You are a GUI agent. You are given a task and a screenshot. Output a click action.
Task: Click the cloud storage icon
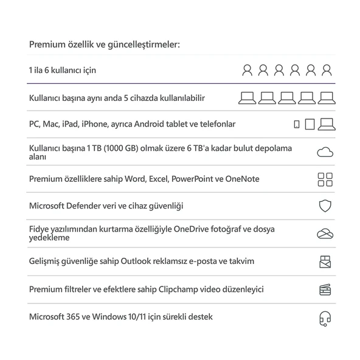click(x=325, y=152)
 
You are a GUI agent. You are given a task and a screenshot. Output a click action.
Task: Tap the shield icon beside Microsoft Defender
click(x=325, y=206)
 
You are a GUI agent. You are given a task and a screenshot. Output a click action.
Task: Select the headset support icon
click(x=325, y=317)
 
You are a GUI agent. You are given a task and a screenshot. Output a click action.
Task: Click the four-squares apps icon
click(x=325, y=179)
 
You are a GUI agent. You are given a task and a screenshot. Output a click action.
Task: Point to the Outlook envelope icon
click(x=325, y=262)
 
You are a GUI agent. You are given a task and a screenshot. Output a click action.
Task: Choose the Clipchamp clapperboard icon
click(x=325, y=289)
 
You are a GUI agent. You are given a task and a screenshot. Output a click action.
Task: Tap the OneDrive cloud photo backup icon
click(x=325, y=234)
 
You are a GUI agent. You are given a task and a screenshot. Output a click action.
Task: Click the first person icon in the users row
click(x=247, y=71)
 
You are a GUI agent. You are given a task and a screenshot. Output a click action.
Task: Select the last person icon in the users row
click(x=327, y=71)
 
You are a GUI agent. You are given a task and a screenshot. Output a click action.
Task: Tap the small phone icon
click(x=296, y=125)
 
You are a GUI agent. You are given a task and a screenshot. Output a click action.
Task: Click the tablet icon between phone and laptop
click(x=310, y=125)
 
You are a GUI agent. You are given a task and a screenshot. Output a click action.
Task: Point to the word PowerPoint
click(x=195, y=179)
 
